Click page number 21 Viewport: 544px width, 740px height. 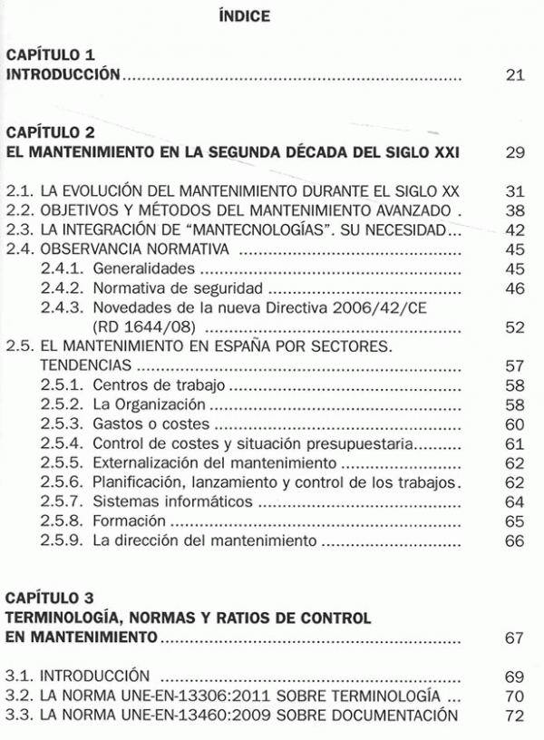click(x=515, y=74)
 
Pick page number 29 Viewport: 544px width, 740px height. click(x=515, y=152)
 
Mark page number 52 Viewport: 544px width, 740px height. click(x=515, y=327)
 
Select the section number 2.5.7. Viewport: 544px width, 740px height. click(x=63, y=502)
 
